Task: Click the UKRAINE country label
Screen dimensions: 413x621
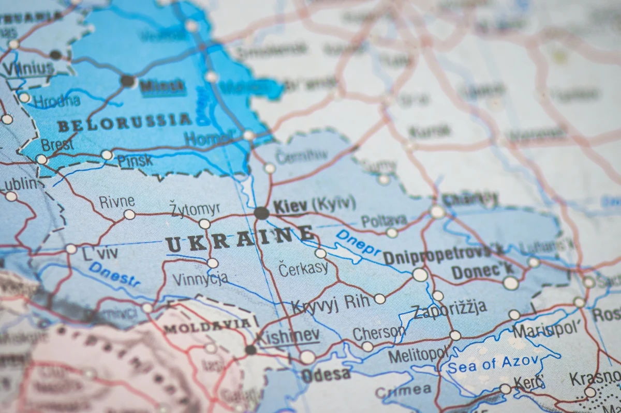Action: click(240, 239)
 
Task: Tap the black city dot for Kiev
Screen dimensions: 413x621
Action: click(261, 213)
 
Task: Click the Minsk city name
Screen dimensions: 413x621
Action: click(162, 86)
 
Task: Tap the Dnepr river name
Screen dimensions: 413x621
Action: click(358, 242)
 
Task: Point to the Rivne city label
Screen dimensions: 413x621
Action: click(117, 202)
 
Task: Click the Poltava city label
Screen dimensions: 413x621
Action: click(383, 221)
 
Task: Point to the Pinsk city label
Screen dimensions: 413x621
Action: click(135, 160)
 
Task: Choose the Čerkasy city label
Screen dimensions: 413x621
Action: click(303, 268)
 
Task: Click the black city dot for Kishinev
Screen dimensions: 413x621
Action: click(250, 349)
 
